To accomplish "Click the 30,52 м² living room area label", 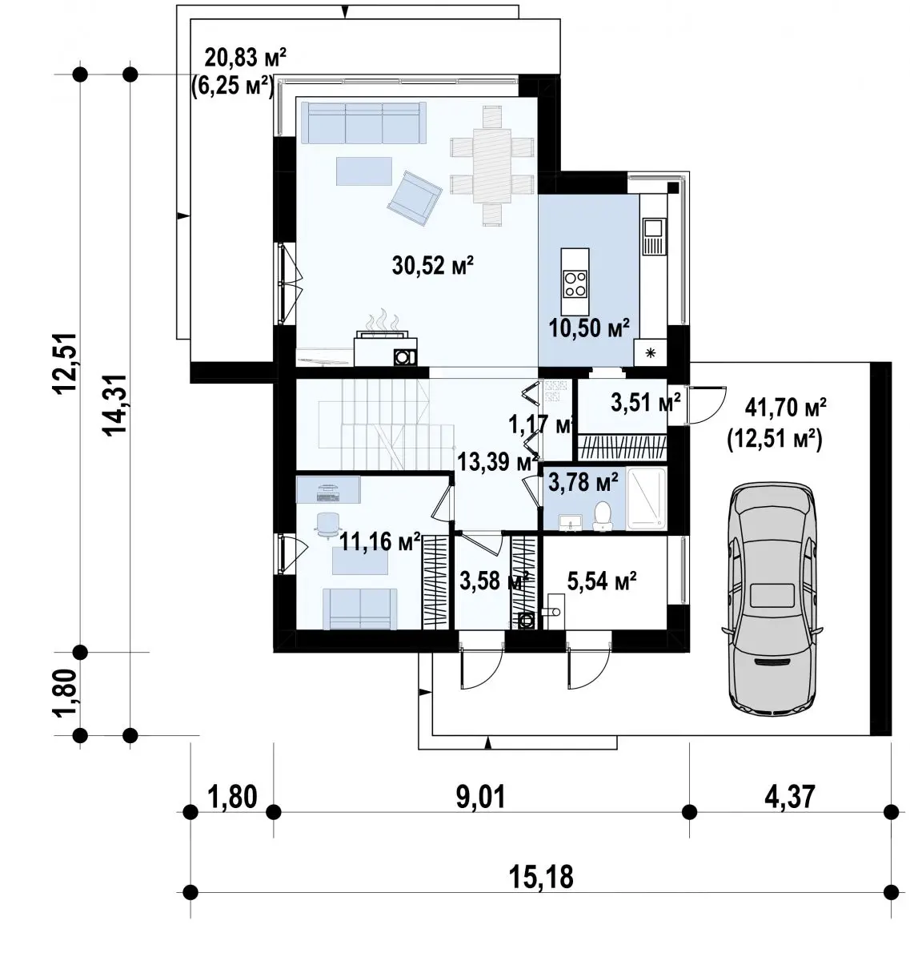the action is [x=433, y=265].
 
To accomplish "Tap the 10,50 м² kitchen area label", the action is [x=589, y=327].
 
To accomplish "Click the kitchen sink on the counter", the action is [x=653, y=236].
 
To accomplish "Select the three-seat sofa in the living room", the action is [x=363, y=123].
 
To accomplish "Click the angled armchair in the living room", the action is [x=415, y=198].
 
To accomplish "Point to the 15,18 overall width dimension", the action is [x=541, y=876].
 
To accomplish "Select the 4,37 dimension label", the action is [x=790, y=796].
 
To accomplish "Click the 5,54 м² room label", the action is [x=602, y=581].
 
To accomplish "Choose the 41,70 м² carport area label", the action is [x=786, y=407].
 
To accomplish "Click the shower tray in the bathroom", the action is [x=646, y=499].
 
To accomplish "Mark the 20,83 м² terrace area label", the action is [x=246, y=58].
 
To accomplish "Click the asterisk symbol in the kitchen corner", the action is [x=651, y=352].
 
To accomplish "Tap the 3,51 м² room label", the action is [x=646, y=403].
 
